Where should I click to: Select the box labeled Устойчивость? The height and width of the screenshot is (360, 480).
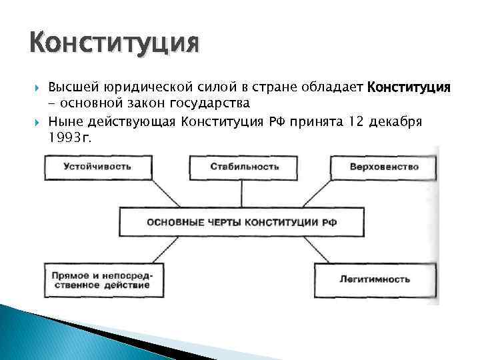[x=97, y=167]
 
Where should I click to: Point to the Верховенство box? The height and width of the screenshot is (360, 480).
[x=384, y=167]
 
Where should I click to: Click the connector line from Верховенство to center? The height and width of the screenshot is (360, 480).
[x=315, y=194]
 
